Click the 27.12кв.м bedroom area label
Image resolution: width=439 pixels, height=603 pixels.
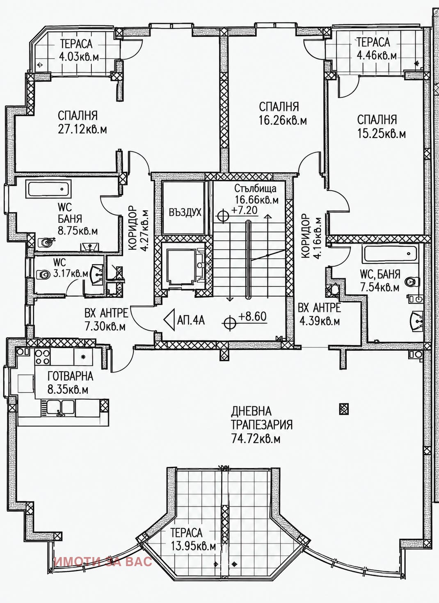click(x=82, y=130)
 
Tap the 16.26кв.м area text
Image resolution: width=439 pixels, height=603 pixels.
click(x=283, y=121)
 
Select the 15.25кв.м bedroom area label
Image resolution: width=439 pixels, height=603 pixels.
click(x=382, y=134)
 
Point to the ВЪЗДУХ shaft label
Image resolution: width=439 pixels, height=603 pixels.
click(x=185, y=212)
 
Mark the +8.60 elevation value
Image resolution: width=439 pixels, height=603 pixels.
click(x=252, y=316)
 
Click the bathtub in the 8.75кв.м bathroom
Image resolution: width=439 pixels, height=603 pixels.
click(x=50, y=189)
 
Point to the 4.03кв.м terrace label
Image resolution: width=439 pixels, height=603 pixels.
click(x=79, y=57)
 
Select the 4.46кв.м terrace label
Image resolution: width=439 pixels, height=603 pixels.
click(x=377, y=55)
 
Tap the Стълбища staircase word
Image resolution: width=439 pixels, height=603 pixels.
click(x=255, y=188)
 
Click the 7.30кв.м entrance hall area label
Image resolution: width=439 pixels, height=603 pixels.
click(x=105, y=327)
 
